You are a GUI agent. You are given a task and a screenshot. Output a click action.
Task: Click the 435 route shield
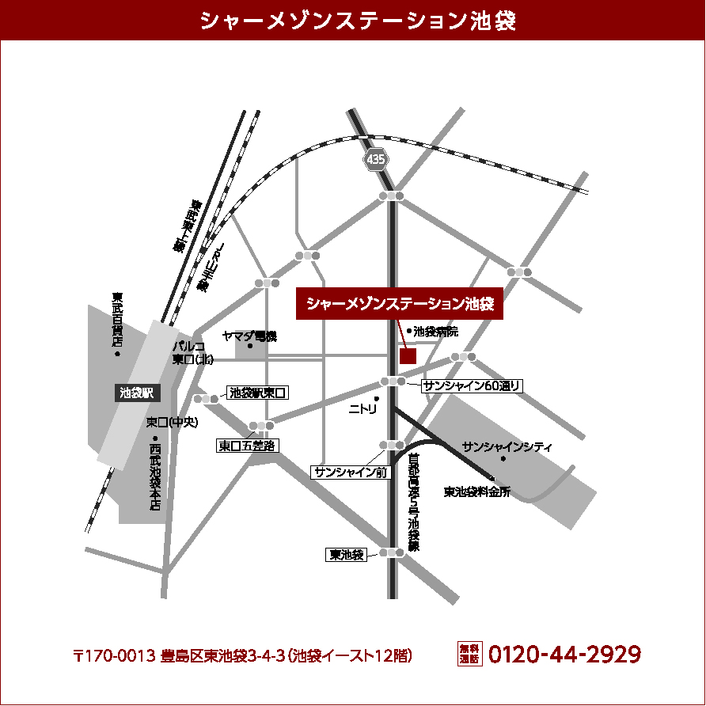(x=376, y=159)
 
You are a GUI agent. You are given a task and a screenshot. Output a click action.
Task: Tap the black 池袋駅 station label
(x=139, y=391)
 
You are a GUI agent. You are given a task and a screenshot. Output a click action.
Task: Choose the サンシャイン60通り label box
(x=472, y=385)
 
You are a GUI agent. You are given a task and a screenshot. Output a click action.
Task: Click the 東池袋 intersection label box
(x=347, y=555)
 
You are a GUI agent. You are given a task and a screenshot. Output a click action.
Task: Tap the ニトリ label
(x=364, y=409)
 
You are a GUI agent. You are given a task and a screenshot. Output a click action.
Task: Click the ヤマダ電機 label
(x=249, y=336)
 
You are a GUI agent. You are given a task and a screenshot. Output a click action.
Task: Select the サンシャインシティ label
(x=507, y=446)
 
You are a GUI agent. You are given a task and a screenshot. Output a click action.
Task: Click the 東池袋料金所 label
(x=477, y=492)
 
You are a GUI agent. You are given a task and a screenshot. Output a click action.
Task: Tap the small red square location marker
(x=408, y=355)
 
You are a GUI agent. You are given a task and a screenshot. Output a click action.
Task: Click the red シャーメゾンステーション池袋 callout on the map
(x=400, y=303)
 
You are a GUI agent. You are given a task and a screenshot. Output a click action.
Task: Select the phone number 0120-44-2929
(x=564, y=655)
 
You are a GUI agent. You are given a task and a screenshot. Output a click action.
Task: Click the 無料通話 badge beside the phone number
(x=469, y=654)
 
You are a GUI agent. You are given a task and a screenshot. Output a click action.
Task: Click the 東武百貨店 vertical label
(x=118, y=321)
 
